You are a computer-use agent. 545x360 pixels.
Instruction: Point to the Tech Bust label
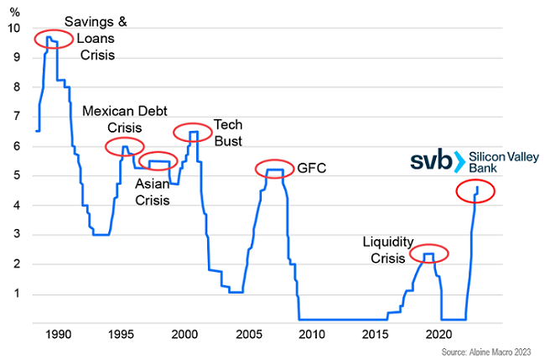228,133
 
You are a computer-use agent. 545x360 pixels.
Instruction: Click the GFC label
310,169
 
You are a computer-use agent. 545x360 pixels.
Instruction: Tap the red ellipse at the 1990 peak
53,39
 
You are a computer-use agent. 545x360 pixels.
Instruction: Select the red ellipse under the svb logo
475,191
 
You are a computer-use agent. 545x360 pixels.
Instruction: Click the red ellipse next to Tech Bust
193,133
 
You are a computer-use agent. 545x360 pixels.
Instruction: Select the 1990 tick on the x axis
57,334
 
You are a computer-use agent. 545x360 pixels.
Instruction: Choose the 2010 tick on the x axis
310,334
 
